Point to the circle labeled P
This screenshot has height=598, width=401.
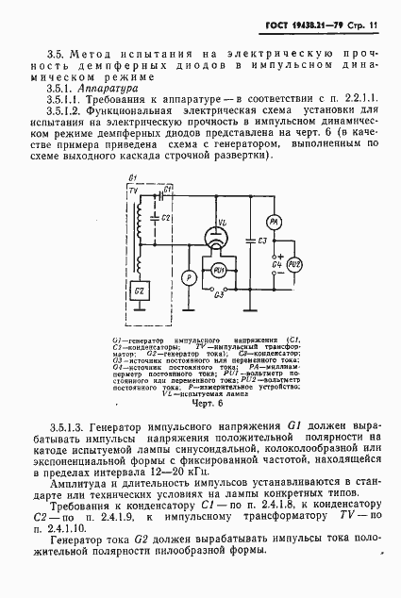click(x=187, y=277)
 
